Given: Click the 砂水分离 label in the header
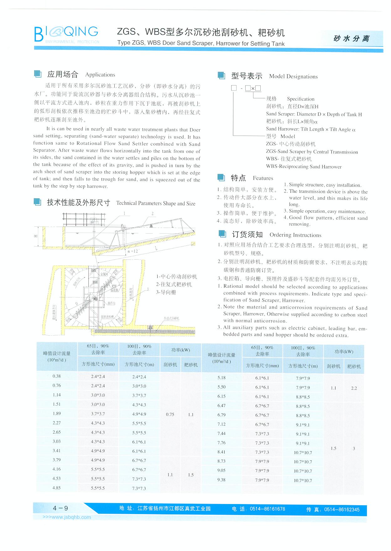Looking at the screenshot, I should click(351, 39).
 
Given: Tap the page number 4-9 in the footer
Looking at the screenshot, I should click(60, 508).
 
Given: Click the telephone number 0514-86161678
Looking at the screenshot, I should click(267, 509).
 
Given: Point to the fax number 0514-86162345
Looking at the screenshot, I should click(342, 509).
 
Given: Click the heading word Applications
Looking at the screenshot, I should click(100, 75).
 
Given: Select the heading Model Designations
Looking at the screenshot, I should click(293, 76).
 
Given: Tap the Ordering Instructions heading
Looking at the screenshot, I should click(295, 235).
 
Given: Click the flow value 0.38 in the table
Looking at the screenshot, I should click(57, 376).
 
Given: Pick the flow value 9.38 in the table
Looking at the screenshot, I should click(221, 480).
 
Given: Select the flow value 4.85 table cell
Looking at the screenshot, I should click(57, 488).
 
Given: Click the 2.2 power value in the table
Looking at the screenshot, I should click(354, 388).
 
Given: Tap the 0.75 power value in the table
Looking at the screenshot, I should click(170, 414).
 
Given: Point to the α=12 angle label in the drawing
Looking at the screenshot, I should click(133, 251).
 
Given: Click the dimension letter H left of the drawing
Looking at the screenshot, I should click(36, 236).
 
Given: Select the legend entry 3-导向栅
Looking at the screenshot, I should click(166, 292).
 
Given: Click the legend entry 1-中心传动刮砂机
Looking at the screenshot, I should click(176, 276).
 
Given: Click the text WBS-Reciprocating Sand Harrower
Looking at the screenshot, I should click(304, 167).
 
